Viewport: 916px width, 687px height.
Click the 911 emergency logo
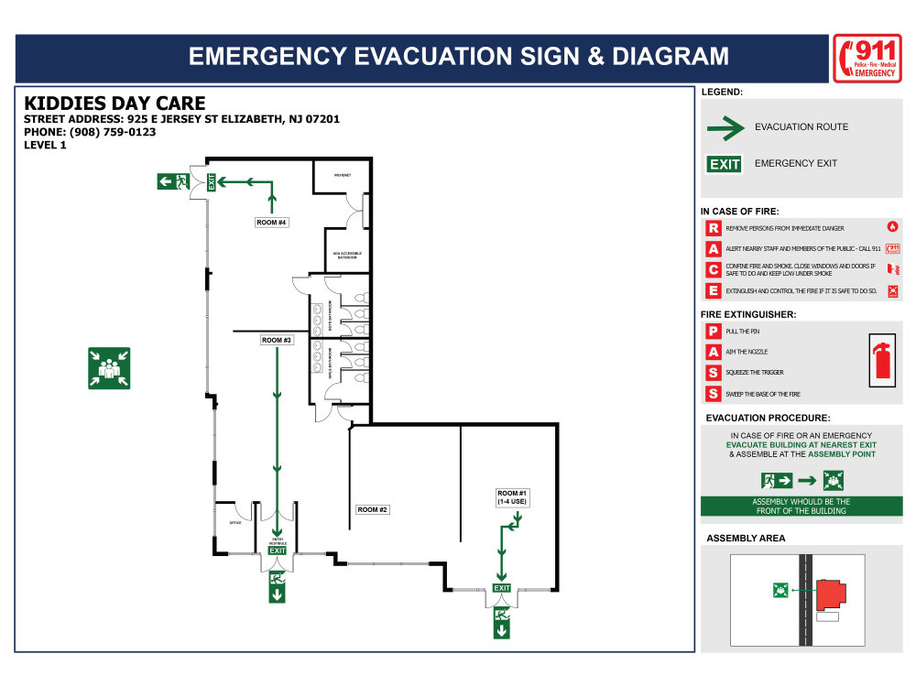coord(867,58)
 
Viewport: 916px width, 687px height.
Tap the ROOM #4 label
coord(272,223)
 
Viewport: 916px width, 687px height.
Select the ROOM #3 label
coord(277,340)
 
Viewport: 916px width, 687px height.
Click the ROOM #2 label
coord(373,509)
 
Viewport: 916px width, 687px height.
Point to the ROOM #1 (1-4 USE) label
coord(512,497)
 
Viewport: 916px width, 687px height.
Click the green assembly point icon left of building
coord(109,368)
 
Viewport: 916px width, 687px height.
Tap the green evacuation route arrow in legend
coord(725,128)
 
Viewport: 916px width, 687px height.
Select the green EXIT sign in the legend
coord(724,164)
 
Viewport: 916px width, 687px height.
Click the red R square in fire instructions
coord(713,228)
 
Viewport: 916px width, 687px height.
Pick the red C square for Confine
coord(713,269)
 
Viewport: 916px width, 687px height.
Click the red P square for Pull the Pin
coord(713,331)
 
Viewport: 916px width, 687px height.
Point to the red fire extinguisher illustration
coord(883,360)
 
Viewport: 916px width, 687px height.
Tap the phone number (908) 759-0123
coord(90,132)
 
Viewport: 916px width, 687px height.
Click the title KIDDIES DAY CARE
coord(114,104)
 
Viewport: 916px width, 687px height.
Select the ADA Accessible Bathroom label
coord(347,256)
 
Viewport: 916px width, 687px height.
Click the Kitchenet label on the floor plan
coord(343,174)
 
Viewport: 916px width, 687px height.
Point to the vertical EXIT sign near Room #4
coord(212,181)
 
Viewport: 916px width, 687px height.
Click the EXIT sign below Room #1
coord(502,587)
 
